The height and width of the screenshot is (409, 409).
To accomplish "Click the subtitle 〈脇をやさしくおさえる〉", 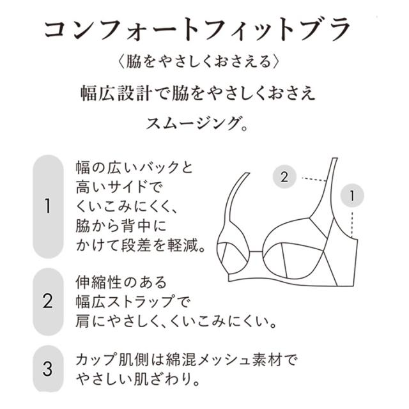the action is click(x=198, y=62).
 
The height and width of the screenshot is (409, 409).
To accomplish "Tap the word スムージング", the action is click(x=192, y=123).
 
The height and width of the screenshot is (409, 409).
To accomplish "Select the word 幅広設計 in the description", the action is click(x=116, y=93).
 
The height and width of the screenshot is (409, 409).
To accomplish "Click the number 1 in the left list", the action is click(x=48, y=206).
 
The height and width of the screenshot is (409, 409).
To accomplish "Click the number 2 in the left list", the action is click(x=48, y=301).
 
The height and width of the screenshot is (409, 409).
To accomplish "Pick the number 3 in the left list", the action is click(x=48, y=369).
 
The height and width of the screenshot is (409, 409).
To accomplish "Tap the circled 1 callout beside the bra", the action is click(x=352, y=196).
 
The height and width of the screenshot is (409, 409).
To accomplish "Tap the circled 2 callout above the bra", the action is click(x=284, y=176).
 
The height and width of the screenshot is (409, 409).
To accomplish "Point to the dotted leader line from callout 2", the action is click(x=314, y=179).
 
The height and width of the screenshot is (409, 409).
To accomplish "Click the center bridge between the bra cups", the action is click(x=256, y=252).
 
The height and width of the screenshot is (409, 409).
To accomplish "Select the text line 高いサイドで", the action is click(x=119, y=187).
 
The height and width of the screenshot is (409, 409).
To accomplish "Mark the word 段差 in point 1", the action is click(x=136, y=245).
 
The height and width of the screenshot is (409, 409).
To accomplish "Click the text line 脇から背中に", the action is click(x=121, y=226).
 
